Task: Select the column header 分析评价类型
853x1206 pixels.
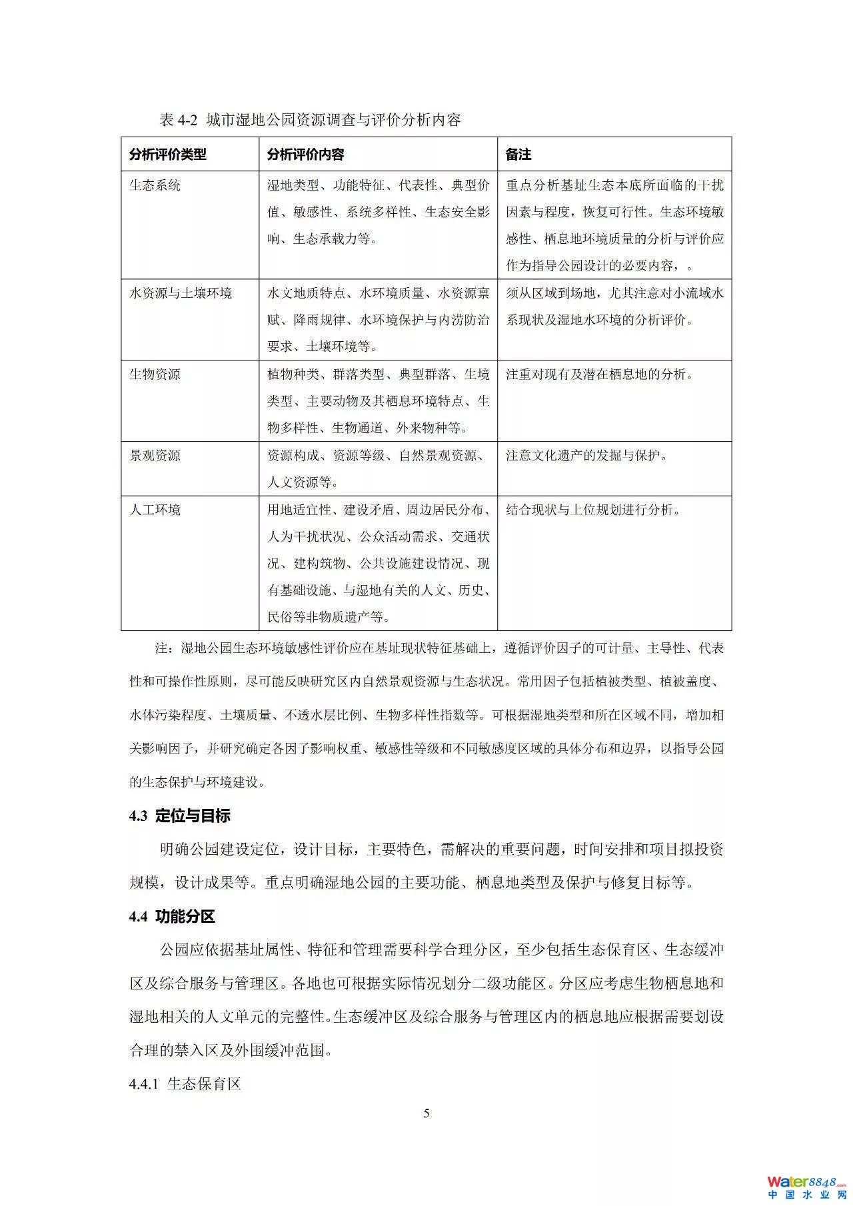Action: click(x=168, y=155)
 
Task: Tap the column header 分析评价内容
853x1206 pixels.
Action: click(x=305, y=155)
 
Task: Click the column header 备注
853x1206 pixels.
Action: click(x=518, y=155)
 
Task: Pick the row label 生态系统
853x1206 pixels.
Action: click(x=155, y=185)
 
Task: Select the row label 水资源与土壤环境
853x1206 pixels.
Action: click(x=181, y=293)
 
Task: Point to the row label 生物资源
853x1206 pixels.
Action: click(x=155, y=374)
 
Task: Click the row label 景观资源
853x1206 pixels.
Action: click(x=155, y=456)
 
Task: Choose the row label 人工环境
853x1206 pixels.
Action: click(x=155, y=510)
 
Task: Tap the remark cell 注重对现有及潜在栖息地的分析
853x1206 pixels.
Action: click(x=599, y=374)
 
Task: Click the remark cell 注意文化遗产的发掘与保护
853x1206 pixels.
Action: click(x=586, y=456)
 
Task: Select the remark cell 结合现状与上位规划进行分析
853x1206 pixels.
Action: click(x=593, y=510)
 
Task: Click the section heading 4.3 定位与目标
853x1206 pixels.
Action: click(x=180, y=816)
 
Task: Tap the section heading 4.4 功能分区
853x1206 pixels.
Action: click(x=172, y=917)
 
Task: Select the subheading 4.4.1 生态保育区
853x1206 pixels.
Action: click(x=185, y=1084)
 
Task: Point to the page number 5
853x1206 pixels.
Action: click(x=426, y=1113)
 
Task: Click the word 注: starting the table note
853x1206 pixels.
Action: click(x=164, y=648)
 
